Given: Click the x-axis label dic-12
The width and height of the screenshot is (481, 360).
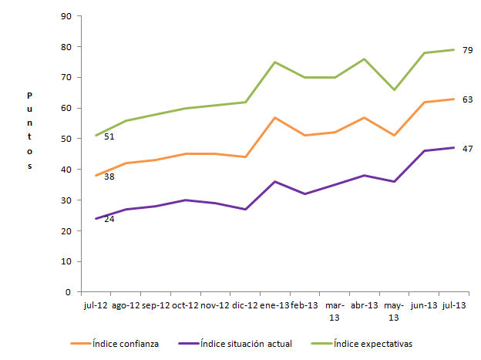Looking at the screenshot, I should coord(245,305).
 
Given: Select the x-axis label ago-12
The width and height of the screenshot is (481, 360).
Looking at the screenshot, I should coord(126,305).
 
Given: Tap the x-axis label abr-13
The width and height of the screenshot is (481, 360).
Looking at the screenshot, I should coord(364,305).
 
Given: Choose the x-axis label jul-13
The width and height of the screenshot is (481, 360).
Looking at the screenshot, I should coord(453,305).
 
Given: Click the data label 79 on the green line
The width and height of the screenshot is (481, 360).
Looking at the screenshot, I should coord(467,50).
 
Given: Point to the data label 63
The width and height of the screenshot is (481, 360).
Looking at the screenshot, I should coord(467,99).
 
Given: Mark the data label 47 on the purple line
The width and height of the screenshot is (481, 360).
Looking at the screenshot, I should coord(467,148).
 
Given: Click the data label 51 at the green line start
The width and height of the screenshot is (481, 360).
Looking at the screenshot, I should coord(109,136).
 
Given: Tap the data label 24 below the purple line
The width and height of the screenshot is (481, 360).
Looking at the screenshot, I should coord(109,219).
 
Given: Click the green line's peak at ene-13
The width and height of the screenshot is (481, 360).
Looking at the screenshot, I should coord(275,62).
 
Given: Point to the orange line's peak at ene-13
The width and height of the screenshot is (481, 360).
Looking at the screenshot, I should coord(275,117).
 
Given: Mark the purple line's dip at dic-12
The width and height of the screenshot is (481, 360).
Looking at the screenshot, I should coord(245,209).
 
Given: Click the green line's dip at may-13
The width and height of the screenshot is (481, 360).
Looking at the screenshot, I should coord(394,89).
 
